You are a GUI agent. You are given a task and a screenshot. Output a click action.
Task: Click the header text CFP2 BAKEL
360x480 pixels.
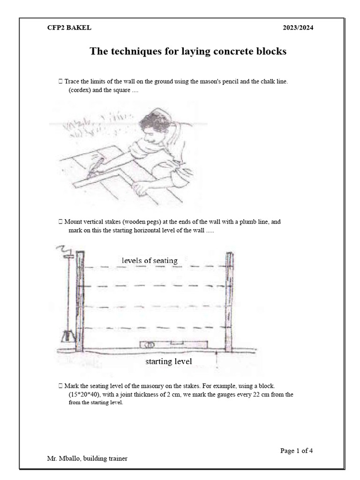tap(69, 28)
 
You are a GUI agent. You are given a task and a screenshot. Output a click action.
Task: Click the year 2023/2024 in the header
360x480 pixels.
tap(298, 28)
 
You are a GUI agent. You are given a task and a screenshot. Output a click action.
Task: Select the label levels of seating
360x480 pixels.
tap(150, 260)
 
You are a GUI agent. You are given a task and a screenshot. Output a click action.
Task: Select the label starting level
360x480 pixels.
tap(168, 361)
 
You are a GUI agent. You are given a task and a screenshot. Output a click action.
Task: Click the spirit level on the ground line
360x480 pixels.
tap(173, 345)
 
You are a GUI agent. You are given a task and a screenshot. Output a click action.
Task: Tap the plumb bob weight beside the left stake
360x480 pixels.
tap(67, 336)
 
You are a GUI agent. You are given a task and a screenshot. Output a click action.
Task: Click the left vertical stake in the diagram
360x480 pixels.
tap(80, 302)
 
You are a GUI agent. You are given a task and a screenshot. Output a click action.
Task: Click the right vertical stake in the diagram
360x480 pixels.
tap(229, 302)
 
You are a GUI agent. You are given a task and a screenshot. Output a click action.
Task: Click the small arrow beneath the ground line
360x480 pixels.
tap(217, 359)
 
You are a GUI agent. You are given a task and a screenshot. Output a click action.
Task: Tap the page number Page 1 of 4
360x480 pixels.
tap(296, 450)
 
